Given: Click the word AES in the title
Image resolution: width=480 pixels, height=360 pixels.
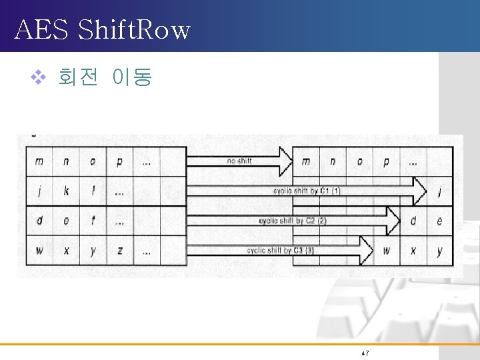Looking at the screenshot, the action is tap(39, 30).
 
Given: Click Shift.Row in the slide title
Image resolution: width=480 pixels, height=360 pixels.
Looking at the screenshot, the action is tap(134, 30).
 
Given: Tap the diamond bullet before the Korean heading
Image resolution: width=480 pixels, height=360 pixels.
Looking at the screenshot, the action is tap(37, 78).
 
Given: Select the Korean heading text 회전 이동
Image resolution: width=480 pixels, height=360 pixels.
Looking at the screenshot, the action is tap(105, 78).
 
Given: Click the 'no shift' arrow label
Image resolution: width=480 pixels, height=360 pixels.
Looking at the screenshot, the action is tap(239, 161).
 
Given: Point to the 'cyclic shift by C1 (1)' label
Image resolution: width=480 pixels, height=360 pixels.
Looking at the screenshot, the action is tap(307, 191).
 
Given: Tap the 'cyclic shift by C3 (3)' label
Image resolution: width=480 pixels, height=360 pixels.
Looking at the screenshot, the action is tap(280, 251).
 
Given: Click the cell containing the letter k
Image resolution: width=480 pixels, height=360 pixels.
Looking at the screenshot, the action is tap(66, 191).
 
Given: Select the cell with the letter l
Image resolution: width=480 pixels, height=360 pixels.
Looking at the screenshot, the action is tap(93, 191).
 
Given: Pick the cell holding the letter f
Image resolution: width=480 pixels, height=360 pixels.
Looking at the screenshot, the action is tap(93, 221).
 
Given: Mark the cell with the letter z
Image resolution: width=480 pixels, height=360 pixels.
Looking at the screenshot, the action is tap(119, 251).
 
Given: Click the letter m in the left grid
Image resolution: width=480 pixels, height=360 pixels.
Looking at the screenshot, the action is tap(39, 161).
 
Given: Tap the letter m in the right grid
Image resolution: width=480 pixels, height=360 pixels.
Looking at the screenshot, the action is tap(306, 161).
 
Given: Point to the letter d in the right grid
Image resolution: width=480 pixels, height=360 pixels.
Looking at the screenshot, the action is tap(413, 221).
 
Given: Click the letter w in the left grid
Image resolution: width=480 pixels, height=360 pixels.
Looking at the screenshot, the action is tap(39, 251).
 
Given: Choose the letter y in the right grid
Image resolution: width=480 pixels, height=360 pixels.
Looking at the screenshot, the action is tap(439, 252).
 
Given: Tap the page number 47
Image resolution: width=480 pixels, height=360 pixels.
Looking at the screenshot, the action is tap(365, 353).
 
